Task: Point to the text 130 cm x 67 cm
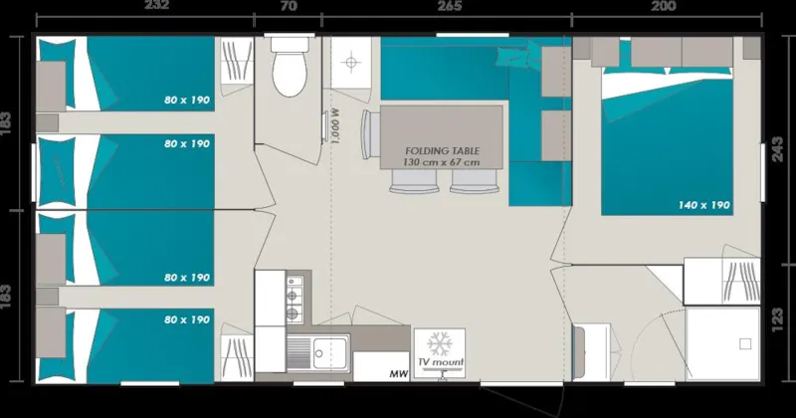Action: tap(442, 161)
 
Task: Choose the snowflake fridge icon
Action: tap(439, 341)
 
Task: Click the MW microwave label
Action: tap(398, 373)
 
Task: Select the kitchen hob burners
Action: tap(294, 299)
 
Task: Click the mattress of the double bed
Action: tap(677, 149)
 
